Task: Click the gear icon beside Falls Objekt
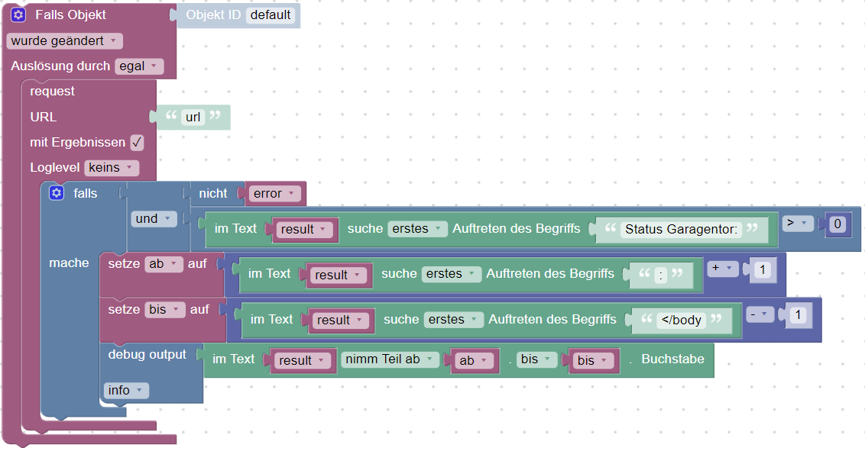click(x=18, y=14)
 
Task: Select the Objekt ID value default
click(x=271, y=14)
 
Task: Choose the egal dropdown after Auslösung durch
click(x=139, y=66)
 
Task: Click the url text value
click(x=193, y=118)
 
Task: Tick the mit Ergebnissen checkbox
click(x=137, y=143)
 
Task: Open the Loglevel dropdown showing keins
click(x=111, y=168)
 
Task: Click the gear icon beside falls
click(x=56, y=193)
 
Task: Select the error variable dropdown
click(x=273, y=194)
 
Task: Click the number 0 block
click(x=837, y=224)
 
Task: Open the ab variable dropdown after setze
click(x=164, y=264)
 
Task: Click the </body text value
click(x=682, y=320)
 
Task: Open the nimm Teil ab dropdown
click(x=390, y=359)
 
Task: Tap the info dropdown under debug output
click(x=126, y=391)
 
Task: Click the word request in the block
click(x=53, y=92)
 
